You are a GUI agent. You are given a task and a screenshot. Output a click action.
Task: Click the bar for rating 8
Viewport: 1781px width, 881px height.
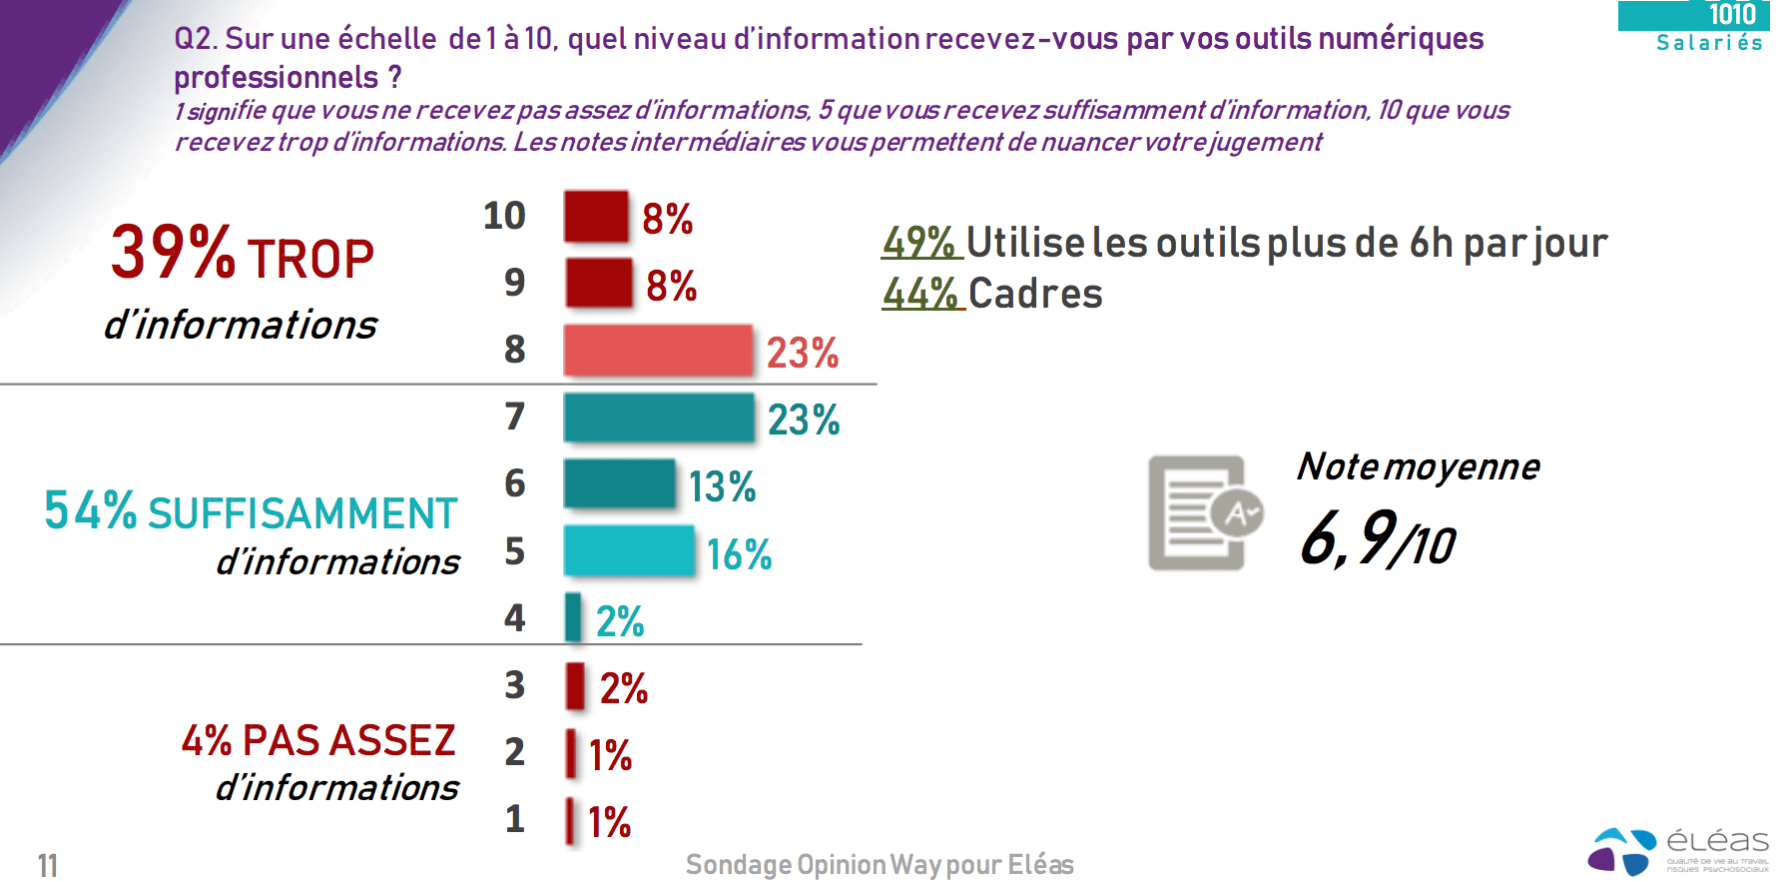(658, 350)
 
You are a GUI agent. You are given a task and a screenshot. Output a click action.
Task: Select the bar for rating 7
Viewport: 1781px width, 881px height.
(659, 418)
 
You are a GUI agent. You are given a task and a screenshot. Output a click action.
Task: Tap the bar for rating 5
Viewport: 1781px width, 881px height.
(629, 550)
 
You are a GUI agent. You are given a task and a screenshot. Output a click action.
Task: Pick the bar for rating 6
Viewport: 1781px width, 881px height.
(620, 483)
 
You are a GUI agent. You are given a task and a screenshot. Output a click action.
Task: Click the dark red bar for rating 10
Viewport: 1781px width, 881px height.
(596, 216)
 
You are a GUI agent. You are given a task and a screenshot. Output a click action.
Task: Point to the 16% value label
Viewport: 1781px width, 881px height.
(739, 554)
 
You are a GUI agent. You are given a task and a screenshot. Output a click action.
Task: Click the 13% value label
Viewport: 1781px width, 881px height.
(722, 487)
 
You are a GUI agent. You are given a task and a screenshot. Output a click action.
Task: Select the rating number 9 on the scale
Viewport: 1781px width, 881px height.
(514, 283)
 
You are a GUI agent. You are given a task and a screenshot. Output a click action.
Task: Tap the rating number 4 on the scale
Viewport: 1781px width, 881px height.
(514, 618)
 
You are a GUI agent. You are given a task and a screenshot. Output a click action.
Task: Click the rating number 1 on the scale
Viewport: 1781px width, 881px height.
(514, 819)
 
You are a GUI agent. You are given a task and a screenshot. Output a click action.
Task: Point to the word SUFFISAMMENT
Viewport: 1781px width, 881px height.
(302, 513)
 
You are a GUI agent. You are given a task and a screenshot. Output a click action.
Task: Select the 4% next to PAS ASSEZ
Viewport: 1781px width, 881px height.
(207, 741)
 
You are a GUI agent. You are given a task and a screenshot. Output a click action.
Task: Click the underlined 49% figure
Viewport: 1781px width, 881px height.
(919, 243)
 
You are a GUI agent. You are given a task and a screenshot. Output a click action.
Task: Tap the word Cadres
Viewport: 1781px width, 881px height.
(1035, 294)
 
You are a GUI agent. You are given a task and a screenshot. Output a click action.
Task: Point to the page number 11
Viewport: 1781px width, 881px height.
(47, 865)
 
